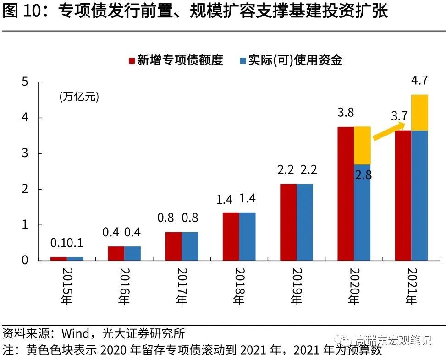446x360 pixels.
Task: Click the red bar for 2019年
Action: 288,222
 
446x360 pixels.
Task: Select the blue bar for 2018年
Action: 247,236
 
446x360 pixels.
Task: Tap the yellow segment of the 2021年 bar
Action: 419,113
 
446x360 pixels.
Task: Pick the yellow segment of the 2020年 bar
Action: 362,145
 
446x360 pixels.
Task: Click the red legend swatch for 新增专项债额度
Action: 131,60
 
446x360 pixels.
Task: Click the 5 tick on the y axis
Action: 25,82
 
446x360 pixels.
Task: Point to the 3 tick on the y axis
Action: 25,153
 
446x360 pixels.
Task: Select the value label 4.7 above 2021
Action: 419,82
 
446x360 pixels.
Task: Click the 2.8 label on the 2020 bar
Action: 363,175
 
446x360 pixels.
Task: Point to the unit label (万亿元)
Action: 78,97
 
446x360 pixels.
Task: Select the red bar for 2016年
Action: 116,253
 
